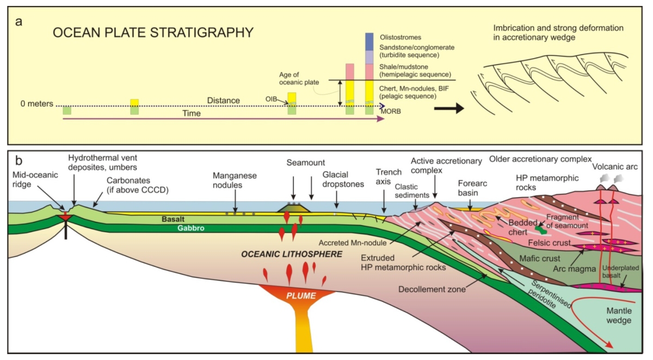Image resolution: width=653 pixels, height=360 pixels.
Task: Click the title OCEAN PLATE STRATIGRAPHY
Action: (153, 33)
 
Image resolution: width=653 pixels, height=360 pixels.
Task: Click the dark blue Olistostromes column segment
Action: (369, 41)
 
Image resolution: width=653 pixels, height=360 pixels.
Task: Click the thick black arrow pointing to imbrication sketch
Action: (448, 108)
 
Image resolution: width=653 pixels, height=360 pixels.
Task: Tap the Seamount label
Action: (303, 163)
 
